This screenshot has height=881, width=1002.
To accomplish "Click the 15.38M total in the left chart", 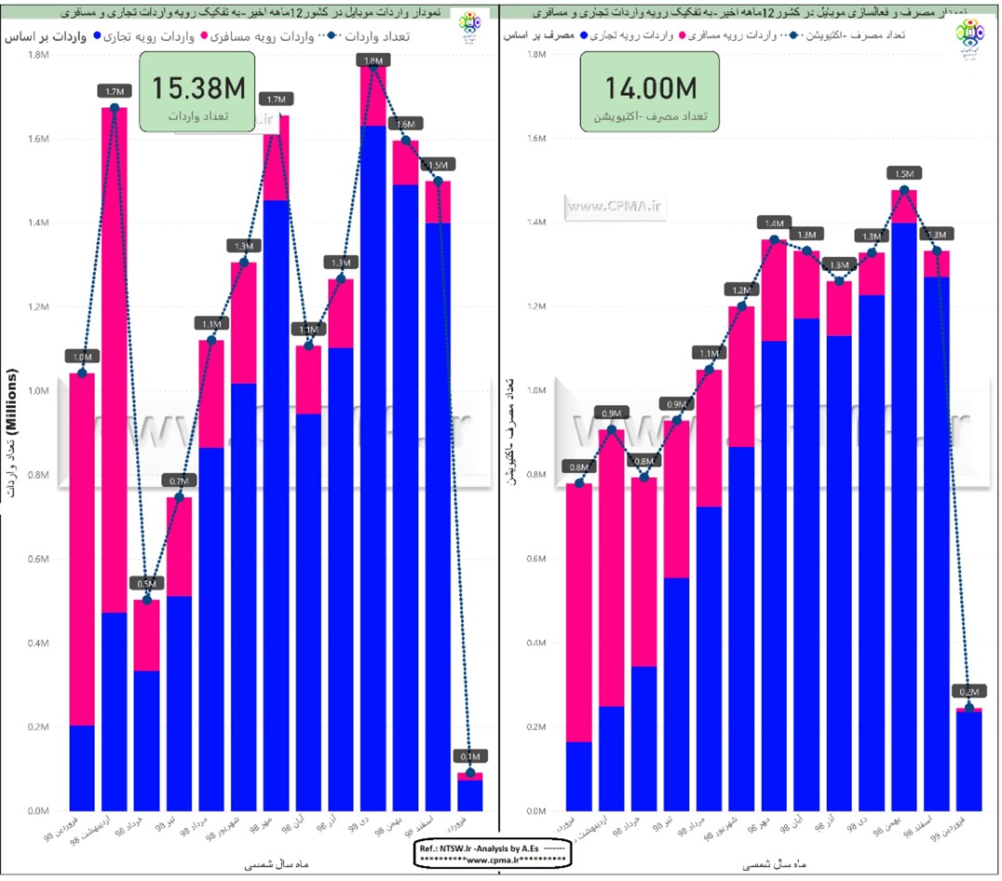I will coord(198,88).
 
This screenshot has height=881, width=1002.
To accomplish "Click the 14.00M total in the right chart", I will coord(651,88).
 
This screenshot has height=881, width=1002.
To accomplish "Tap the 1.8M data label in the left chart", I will coord(373,61).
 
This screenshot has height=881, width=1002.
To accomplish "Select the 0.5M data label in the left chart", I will coord(147,584).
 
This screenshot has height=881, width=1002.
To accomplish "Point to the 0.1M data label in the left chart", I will coord(470,756).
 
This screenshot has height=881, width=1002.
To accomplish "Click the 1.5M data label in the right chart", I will coord(904,174).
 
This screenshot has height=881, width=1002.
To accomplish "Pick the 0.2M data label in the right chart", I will coord(969,692).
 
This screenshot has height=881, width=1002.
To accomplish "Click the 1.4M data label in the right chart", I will coord(774,223).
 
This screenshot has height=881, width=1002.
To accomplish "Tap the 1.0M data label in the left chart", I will coord(82,357).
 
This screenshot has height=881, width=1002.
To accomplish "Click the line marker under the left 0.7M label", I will coord(180,497).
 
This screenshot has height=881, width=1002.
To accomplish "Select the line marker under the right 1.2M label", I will coord(742,306).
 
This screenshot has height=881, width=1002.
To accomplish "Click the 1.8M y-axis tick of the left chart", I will coord(38,55).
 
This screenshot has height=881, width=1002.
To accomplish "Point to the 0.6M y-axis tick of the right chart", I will coord(536,559).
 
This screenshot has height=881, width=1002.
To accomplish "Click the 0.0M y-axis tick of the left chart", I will coord(38,811).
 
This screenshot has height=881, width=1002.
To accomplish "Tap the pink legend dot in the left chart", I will coord(205,35).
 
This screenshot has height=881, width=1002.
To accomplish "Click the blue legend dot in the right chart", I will coord(584,35).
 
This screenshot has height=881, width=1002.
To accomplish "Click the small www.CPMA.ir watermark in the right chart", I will coord(615,207).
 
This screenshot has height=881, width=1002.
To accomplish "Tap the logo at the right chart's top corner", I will coord(970,37).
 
